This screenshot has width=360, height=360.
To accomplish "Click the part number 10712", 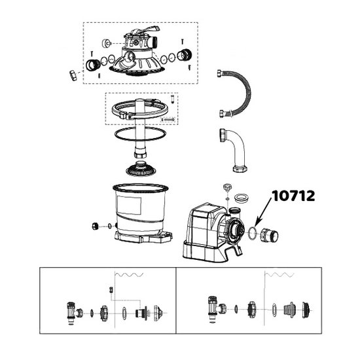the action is [293, 196].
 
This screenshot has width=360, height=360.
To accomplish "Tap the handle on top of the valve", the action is [145, 30].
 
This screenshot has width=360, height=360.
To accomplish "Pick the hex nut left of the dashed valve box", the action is [73, 75].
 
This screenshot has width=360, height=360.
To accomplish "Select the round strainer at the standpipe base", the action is [141, 169].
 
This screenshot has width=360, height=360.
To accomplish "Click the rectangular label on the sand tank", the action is [129, 206].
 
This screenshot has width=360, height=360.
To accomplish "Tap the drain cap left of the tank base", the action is [96, 226].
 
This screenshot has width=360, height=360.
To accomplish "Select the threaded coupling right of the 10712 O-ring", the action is [269, 236].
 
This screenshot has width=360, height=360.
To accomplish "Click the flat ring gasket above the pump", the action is [242, 198].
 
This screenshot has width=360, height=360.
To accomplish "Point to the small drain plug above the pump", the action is [227, 187].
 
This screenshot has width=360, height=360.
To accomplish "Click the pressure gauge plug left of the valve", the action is [106, 43].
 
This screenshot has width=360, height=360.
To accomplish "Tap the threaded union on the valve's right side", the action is [185, 56].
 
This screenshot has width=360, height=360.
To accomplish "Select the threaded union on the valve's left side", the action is [93, 65].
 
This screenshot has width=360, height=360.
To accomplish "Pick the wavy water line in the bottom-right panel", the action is [279, 275].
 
